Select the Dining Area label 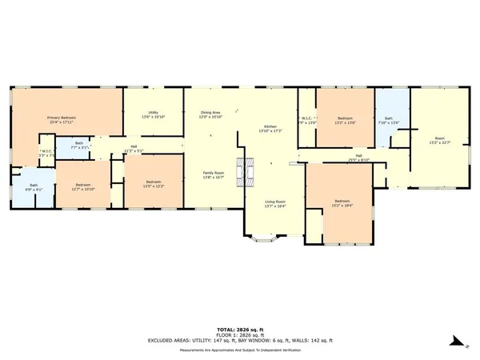(210, 115)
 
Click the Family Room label (213, 175)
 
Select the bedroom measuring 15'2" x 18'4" (342, 202)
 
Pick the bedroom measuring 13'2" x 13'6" (346, 121)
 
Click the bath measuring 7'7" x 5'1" (78, 147)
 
